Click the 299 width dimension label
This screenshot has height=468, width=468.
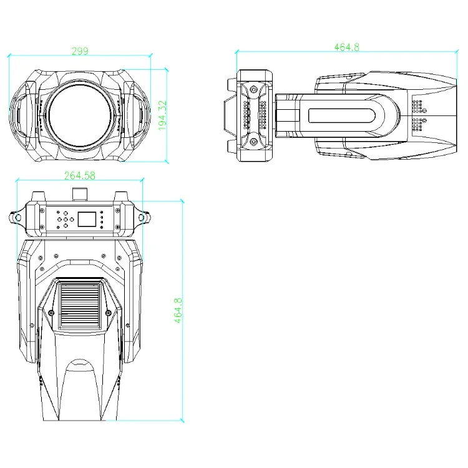coord(80,52)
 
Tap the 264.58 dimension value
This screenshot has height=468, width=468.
coord(80,176)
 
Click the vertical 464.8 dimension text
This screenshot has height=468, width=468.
coord(178,310)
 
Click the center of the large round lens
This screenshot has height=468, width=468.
coord(79,117)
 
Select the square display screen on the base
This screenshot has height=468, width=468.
coord(87,220)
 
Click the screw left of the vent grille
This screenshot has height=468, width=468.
coord(50,312)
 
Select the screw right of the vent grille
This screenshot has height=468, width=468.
coord(109,312)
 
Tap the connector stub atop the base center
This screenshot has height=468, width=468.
coord(80,194)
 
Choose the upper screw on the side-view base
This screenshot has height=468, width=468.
coord(254,90)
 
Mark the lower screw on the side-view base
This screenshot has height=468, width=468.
coord(254,142)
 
